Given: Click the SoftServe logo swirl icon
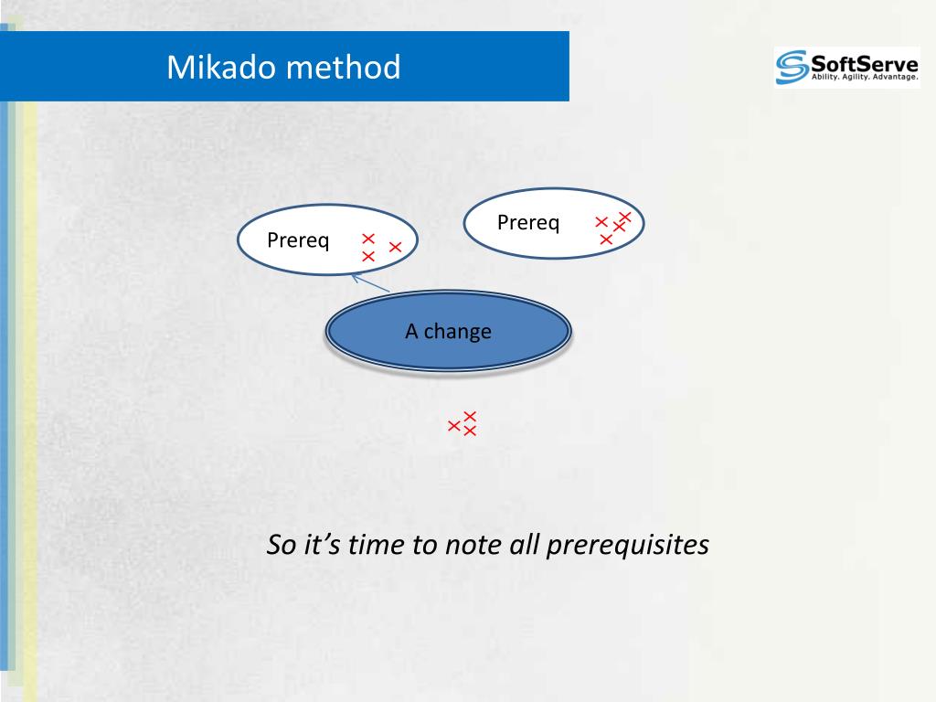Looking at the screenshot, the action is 792,67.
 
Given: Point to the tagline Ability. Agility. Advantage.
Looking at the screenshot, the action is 865,77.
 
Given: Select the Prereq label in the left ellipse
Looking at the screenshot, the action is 298,240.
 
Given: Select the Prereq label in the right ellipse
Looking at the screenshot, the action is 528,223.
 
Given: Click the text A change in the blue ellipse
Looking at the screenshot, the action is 448,331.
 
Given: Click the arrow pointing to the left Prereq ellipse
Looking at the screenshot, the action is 370,283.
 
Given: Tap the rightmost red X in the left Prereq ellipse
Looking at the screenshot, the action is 395,247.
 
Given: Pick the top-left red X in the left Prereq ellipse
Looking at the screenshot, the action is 368,239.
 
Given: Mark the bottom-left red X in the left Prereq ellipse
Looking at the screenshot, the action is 368,256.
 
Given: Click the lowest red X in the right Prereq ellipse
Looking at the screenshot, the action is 606,239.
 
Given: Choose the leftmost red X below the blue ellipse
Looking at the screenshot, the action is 454,426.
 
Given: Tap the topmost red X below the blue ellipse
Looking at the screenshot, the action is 471,416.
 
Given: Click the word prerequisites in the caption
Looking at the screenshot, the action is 627,545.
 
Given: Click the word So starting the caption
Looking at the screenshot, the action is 282,545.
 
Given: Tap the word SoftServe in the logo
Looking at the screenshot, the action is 865,63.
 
